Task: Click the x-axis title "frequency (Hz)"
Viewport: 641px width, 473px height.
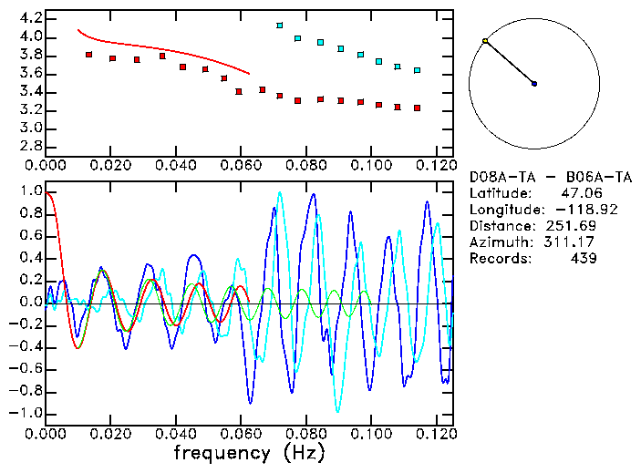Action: (249, 453)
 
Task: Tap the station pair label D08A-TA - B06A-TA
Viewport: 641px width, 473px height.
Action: (541, 177)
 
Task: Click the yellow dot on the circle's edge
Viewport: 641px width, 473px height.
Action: (485, 41)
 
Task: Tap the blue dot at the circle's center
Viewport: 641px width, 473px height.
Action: (534, 84)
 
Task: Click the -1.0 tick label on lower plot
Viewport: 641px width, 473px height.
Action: (25, 413)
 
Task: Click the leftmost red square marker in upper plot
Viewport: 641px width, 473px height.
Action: (88, 55)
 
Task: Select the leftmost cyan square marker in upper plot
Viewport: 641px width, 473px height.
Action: (280, 26)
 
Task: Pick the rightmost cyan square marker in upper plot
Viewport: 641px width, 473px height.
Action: (417, 70)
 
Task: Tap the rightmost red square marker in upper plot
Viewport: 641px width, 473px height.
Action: (417, 108)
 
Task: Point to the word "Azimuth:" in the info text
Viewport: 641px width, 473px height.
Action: (499, 242)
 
